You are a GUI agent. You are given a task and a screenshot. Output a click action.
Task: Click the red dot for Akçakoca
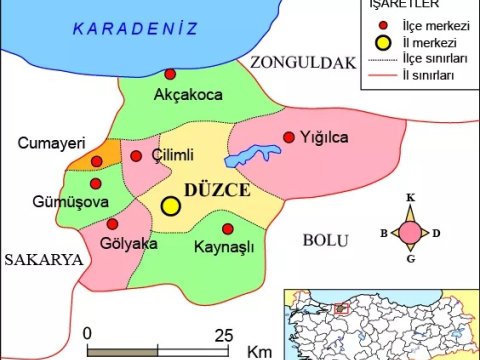pyautogui.click(x=170, y=74)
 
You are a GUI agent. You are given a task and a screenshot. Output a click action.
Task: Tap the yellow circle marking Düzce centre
pyautogui.click(x=171, y=205)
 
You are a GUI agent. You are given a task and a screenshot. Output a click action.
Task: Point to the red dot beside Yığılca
pyautogui.click(x=289, y=137)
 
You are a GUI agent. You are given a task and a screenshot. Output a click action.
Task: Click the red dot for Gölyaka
pyautogui.click(x=112, y=224)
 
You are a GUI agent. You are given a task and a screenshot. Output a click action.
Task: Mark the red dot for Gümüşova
pyautogui.click(x=96, y=183)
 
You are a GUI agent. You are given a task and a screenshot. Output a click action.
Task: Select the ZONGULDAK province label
pyautogui.click(x=303, y=64)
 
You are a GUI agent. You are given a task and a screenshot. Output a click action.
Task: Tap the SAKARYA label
pyautogui.click(x=41, y=260)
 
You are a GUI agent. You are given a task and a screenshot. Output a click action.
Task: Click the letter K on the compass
pyautogui.click(x=410, y=198)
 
